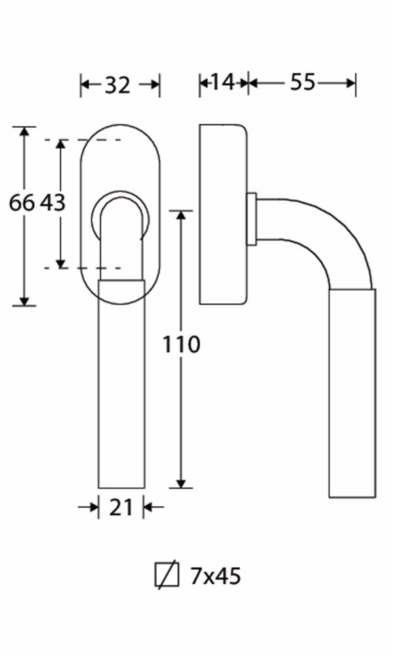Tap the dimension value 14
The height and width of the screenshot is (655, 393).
222,82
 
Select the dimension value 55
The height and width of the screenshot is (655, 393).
302,82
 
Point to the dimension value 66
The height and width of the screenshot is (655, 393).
22,203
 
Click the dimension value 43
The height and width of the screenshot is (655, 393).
53,203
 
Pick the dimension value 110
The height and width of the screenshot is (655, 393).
181,345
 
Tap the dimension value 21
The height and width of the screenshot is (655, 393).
121,508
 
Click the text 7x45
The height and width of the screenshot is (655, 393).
216,576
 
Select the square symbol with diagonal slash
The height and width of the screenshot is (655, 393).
167,575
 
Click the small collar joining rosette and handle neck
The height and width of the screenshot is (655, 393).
251,218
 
